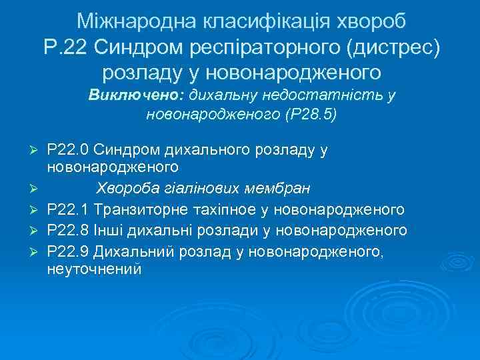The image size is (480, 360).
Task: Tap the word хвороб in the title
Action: (369, 22)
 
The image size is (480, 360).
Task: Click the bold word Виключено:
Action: (137, 95)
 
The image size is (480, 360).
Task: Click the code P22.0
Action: (69, 150)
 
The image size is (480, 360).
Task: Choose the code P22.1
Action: (69, 210)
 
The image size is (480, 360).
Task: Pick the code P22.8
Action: (69, 231)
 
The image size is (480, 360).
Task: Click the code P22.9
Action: (69, 251)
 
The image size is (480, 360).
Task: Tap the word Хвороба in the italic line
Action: (125, 190)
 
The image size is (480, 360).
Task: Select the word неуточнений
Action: (94, 270)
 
